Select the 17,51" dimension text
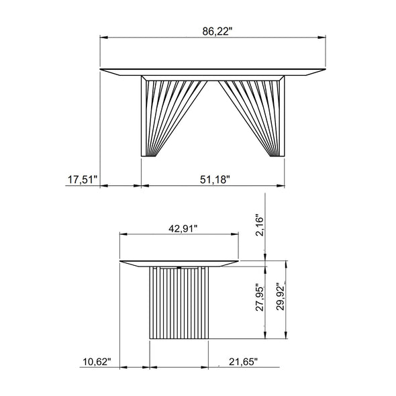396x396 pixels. pyautogui.click(x=82, y=179)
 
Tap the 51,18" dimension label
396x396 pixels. pyautogui.click(x=215, y=179)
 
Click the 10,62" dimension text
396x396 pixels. pyautogui.click(x=97, y=362)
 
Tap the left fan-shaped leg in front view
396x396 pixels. pyautogui.click(x=161, y=114)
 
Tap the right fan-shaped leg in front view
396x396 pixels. pyautogui.click(x=262, y=114)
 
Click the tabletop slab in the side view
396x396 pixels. pyautogui.click(x=179, y=261)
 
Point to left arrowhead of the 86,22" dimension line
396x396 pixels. pyautogui.click(x=103, y=38)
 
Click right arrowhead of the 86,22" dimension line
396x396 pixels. pyautogui.click(x=322, y=38)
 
